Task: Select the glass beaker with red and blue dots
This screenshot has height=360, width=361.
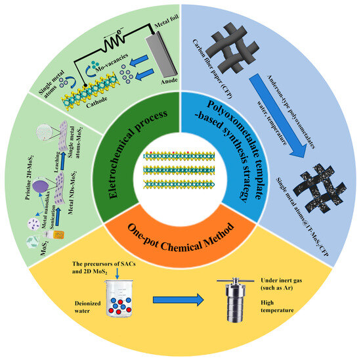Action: click(108, 303)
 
